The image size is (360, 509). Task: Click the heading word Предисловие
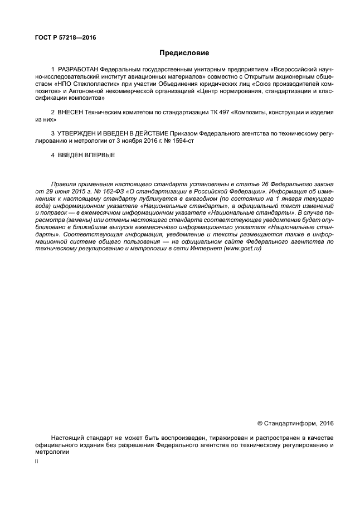click(x=184, y=54)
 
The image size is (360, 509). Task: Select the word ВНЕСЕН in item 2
click(x=70, y=112)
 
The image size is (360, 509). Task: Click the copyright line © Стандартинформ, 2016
click(x=295, y=423)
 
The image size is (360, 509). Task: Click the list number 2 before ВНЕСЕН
click(x=52, y=112)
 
